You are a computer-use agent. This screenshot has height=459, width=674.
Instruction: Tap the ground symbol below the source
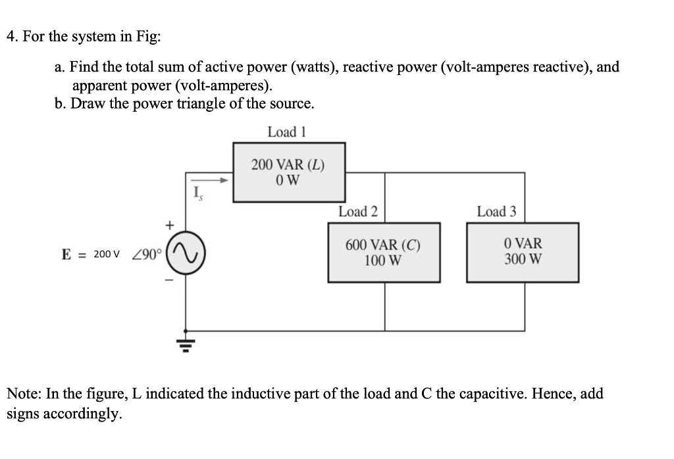pos(186,342)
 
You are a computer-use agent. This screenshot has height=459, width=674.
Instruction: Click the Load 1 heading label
pos(287,132)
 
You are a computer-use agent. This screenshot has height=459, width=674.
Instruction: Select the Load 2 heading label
pos(357,211)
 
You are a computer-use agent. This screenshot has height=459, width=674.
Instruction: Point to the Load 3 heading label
pos(496,211)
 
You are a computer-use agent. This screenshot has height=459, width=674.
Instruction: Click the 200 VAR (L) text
pos(288,165)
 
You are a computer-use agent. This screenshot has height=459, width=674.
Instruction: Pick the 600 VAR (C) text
pos(383,245)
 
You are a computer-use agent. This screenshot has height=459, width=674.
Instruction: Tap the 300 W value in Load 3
pos(523,259)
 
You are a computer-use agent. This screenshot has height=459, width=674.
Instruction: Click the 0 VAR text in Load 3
pos(523,245)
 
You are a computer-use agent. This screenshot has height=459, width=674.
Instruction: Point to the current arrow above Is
pos(210,179)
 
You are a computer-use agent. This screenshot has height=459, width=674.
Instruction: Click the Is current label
pos(195,193)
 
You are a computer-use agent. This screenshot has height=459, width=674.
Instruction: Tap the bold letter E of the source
pos(66,254)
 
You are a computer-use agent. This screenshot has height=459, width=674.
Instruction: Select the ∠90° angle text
pos(147,254)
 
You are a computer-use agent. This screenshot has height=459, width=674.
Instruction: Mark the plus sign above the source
pos(169,226)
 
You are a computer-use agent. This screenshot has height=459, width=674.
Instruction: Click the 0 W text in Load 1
pos(288,179)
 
